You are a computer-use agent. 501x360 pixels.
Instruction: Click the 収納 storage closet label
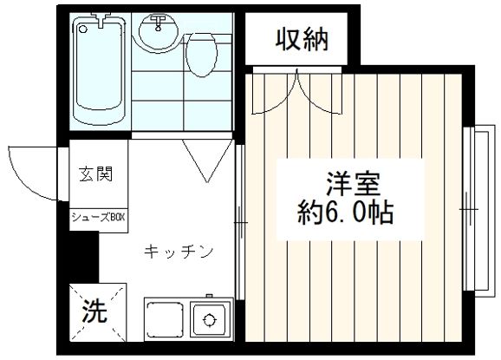(302, 39)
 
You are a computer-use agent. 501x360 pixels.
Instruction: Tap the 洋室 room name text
(354, 184)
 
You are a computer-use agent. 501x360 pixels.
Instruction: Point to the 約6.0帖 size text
(345, 213)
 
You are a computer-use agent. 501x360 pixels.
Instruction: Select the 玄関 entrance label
(96, 174)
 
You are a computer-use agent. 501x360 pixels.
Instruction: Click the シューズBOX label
(98, 218)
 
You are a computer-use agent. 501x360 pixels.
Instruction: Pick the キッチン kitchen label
(179, 252)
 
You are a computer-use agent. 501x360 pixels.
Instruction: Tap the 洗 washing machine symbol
(94, 311)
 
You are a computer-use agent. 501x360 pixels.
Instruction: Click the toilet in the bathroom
(202, 55)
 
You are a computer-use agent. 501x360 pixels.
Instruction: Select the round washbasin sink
(158, 32)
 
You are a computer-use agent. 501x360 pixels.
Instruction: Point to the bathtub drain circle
(83, 29)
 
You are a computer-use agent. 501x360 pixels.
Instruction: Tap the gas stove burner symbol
(209, 319)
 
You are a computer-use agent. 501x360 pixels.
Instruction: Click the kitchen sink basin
(165, 319)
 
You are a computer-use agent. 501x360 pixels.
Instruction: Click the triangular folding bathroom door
(207, 160)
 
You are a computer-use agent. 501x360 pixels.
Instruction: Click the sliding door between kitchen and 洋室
(240, 222)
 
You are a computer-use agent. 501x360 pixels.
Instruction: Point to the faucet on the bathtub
(101, 18)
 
